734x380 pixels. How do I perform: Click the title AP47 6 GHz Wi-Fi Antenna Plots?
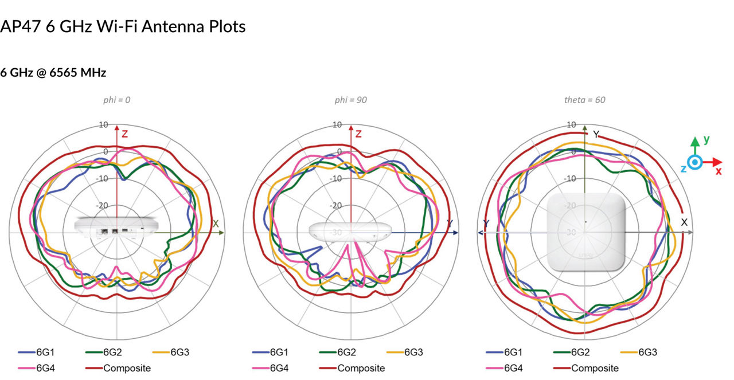pyautogui.click(x=123, y=26)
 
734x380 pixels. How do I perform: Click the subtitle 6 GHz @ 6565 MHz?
pyautogui.click(x=53, y=73)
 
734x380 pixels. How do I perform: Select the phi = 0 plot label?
pyautogui.click(x=117, y=100)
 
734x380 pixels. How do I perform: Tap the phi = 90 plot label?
pyautogui.click(x=351, y=100)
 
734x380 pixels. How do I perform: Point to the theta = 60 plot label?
pyautogui.click(x=584, y=100)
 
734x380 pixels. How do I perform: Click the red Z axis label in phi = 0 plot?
pyautogui.click(x=124, y=134)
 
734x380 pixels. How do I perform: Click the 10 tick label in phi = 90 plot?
pyautogui.click(x=337, y=124)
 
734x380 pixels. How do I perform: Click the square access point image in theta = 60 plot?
pyautogui.click(x=585, y=232)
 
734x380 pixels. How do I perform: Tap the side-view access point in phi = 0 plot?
pyautogui.click(x=116, y=226)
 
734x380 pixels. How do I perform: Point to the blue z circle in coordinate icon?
pyautogui.click(x=695, y=163)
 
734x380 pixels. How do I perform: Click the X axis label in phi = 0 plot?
pyautogui.click(x=216, y=224)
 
